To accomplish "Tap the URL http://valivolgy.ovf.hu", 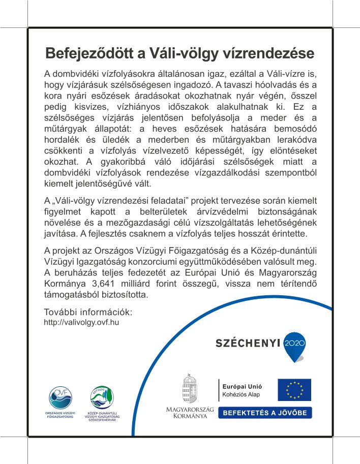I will pos(81,322).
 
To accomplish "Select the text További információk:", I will pos(88,312).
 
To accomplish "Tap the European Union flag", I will pos(294,389).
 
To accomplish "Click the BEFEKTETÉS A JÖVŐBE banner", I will pos(264,413).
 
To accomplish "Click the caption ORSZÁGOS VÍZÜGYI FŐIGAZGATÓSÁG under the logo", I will pos(59,415).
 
